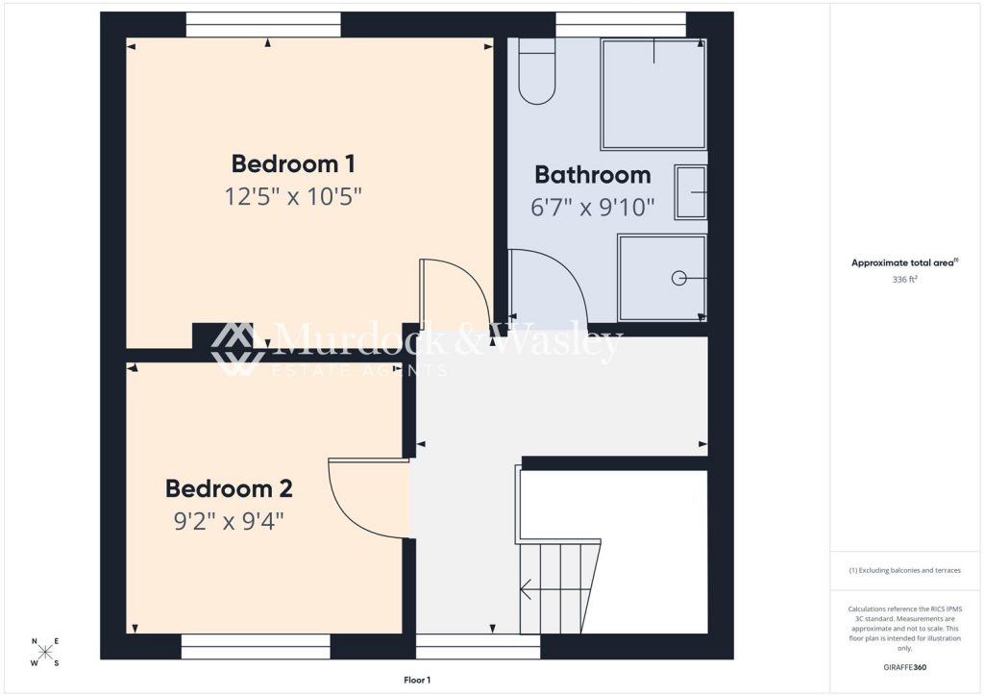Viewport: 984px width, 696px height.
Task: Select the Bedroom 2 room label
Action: [x=229, y=488]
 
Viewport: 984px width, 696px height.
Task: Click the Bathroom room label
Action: [x=592, y=175]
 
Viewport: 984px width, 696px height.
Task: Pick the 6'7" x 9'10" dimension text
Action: [x=592, y=207]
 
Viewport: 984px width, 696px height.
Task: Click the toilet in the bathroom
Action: [x=537, y=71]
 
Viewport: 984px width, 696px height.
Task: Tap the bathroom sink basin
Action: [x=690, y=192]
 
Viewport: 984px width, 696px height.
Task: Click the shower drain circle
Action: [x=678, y=278]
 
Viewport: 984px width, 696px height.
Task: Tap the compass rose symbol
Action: [x=45, y=653]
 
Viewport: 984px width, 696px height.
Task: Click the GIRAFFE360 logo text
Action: [x=906, y=667]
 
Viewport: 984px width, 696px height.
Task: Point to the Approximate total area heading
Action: [x=905, y=262]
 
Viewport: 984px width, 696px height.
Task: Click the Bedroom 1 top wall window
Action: [x=263, y=25]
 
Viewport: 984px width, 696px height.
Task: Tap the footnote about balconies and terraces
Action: [x=905, y=570]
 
